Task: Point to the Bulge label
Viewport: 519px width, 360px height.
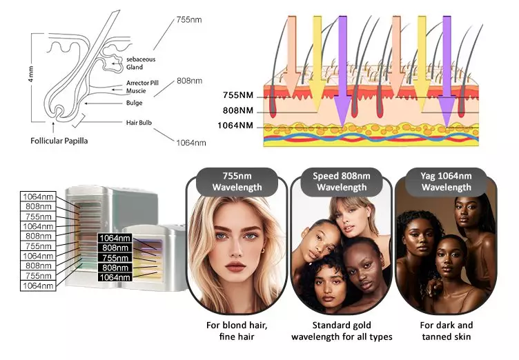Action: coord(134,103)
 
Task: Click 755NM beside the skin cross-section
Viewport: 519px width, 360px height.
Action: coord(238,96)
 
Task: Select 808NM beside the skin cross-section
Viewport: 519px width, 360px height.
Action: coord(238,110)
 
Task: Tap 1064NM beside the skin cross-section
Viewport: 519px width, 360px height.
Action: coord(235,126)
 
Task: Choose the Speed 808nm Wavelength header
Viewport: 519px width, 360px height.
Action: coord(341,181)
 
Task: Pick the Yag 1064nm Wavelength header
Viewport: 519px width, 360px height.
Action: coord(446,181)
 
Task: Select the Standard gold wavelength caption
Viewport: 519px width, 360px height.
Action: coord(341,331)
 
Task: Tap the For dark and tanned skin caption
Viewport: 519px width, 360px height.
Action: coord(446,331)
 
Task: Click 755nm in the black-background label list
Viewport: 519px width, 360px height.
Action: coord(115,257)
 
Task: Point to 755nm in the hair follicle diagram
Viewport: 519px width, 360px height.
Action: coord(189,21)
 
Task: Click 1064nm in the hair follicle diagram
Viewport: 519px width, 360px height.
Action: coord(190,143)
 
